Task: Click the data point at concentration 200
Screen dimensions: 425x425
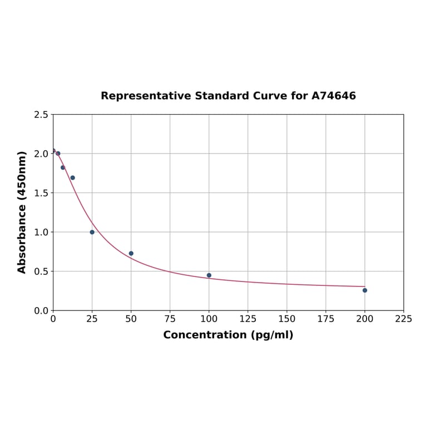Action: tap(365, 290)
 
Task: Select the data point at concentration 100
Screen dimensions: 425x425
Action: tap(209, 275)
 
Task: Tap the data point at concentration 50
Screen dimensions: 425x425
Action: tap(131, 254)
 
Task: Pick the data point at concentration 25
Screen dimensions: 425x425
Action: tap(92, 232)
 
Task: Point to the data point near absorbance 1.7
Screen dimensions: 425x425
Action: tap(72, 178)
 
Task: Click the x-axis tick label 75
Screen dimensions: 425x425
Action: tap(170, 319)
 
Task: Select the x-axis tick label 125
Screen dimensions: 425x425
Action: tap(248, 319)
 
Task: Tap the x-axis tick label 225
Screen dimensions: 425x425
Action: tap(404, 319)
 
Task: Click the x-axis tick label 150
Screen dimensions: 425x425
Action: tap(287, 319)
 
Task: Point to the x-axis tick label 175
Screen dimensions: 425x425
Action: tap(326, 319)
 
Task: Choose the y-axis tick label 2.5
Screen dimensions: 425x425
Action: tap(41, 115)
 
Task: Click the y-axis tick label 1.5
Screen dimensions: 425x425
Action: tap(41, 193)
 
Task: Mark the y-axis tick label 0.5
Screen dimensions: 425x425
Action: tap(41, 271)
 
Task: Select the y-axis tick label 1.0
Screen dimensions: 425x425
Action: tap(41, 232)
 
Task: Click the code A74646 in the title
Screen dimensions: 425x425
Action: tap(334, 96)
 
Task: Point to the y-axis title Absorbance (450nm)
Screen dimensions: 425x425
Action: tap(22, 212)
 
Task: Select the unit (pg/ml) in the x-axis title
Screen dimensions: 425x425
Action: tap(272, 335)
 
